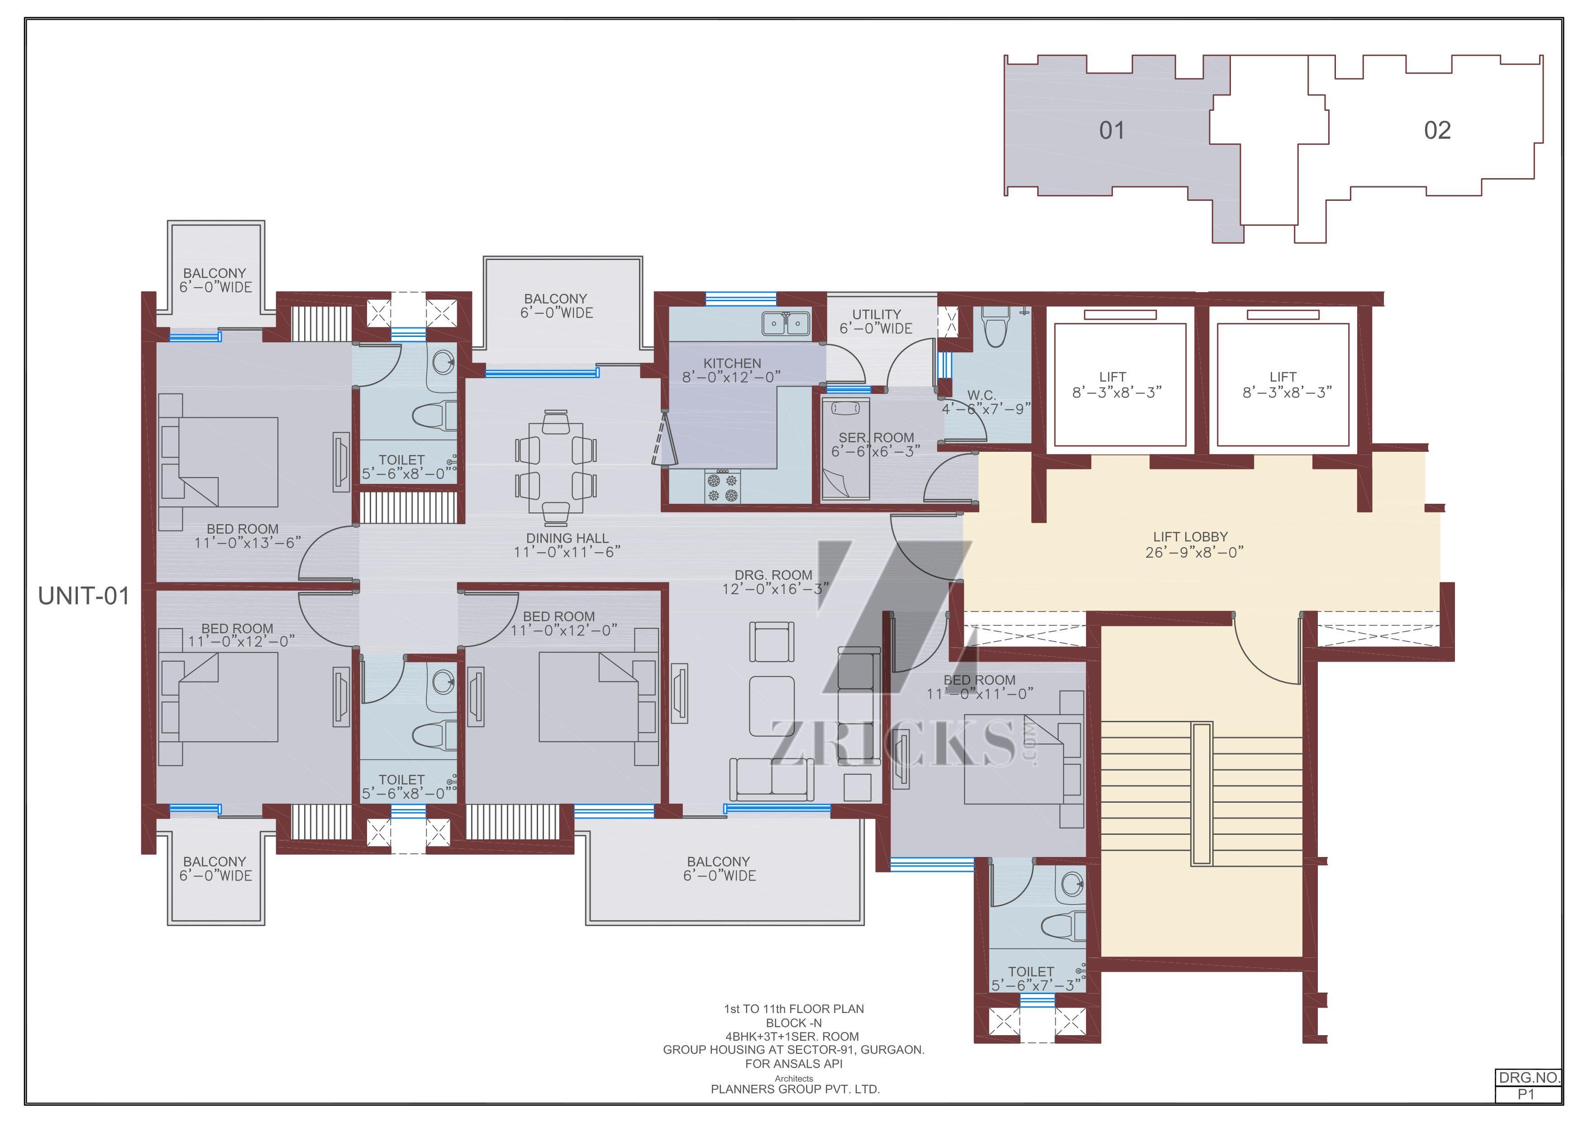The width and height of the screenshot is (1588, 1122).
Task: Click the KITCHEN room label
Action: pos(732,363)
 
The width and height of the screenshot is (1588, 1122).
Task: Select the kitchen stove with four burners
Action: pos(722,487)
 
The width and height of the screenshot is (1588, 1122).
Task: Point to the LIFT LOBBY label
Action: pos(1190,536)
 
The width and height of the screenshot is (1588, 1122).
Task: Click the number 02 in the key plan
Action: pos(1437,130)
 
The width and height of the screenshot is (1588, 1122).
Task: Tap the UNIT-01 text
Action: pos(84,596)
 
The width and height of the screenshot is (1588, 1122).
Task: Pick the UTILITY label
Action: pos(876,314)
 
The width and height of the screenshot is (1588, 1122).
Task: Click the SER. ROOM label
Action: pos(876,438)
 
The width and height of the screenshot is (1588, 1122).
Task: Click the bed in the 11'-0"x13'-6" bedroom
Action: pos(219,462)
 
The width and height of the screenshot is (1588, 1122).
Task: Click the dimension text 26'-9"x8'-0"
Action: pos(1194,552)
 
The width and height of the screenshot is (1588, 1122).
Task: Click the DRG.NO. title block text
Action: pos(1529,1078)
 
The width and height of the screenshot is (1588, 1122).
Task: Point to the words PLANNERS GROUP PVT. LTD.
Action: pos(796,1089)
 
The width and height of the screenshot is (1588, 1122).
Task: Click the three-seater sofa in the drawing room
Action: pos(772,779)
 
